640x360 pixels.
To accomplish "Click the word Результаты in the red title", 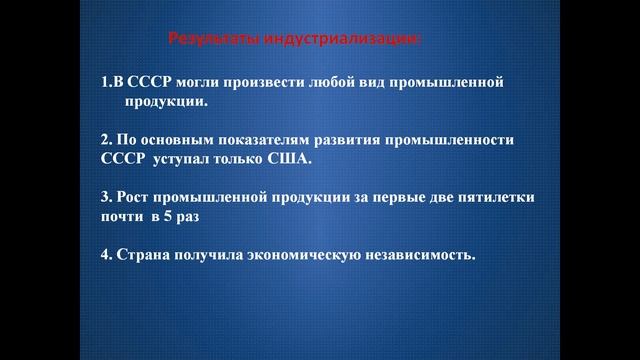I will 211,39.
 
